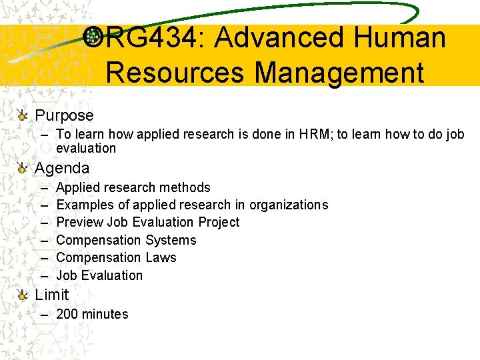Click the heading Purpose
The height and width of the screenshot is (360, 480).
point(64,115)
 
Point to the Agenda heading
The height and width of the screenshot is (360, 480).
point(62,168)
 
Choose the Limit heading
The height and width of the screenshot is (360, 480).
point(52,294)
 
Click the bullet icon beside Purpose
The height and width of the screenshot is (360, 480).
point(23,116)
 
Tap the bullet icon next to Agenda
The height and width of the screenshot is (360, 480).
point(23,169)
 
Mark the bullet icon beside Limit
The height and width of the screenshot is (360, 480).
point(23,295)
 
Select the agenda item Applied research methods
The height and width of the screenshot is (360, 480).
point(133,187)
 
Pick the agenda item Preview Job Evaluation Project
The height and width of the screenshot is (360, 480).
point(148,222)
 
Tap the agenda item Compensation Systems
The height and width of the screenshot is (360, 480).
point(127,240)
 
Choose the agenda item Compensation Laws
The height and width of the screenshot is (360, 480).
point(117,257)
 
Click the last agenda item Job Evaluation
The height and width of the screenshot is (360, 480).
point(99,275)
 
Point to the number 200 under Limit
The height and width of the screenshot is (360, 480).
point(67,314)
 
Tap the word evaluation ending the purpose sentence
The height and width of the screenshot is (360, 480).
point(86,148)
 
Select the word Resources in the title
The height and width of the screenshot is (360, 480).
point(175,72)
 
